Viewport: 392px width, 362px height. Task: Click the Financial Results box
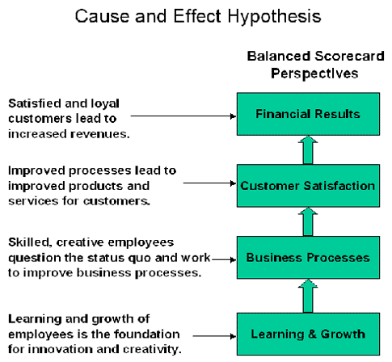[x=308, y=114]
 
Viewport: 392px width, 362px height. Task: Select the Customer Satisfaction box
[x=308, y=186]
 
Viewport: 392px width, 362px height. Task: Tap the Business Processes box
[x=308, y=257]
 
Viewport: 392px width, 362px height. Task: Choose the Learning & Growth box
[x=308, y=334]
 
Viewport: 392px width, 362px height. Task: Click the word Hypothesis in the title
[x=275, y=17]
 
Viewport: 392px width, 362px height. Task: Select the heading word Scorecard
[x=349, y=56]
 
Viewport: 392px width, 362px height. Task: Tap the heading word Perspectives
[x=314, y=74]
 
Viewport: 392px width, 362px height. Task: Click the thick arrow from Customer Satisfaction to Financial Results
[x=308, y=149]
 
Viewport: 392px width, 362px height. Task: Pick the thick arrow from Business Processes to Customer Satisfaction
[x=308, y=221]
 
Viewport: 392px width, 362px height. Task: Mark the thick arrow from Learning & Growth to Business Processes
[x=308, y=296]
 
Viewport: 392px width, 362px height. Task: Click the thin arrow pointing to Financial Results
[x=183, y=116]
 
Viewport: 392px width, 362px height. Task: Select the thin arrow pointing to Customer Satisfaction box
[x=209, y=183]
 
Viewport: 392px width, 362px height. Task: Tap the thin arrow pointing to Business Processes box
[x=224, y=259]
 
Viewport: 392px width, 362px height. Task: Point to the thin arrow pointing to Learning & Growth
[x=214, y=336]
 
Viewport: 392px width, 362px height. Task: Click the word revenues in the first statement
[x=100, y=134]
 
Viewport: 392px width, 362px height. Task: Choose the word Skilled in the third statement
[x=30, y=242]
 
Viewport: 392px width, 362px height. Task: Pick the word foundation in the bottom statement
[x=147, y=334]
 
